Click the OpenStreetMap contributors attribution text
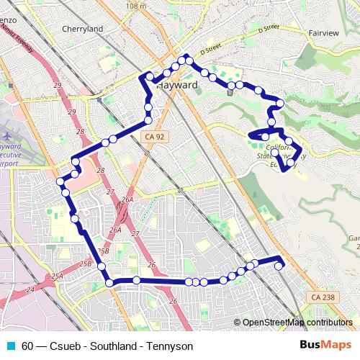tap(297, 322)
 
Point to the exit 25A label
tap(57, 276)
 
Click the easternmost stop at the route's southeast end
tap(279, 266)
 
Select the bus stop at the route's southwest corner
tap(109, 283)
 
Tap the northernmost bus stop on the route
tap(185, 58)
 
